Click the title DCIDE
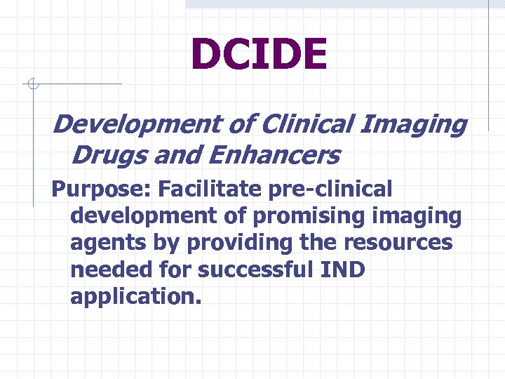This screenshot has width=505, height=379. pyautogui.click(x=259, y=55)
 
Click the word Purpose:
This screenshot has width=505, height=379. pyautogui.click(x=102, y=189)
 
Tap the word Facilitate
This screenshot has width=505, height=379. pyautogui.click(x=217, y=189)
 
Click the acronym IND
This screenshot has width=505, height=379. pyautogui.click(x=344, y=270)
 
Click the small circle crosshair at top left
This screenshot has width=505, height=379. pyautogui.click(x=32, y=85)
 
